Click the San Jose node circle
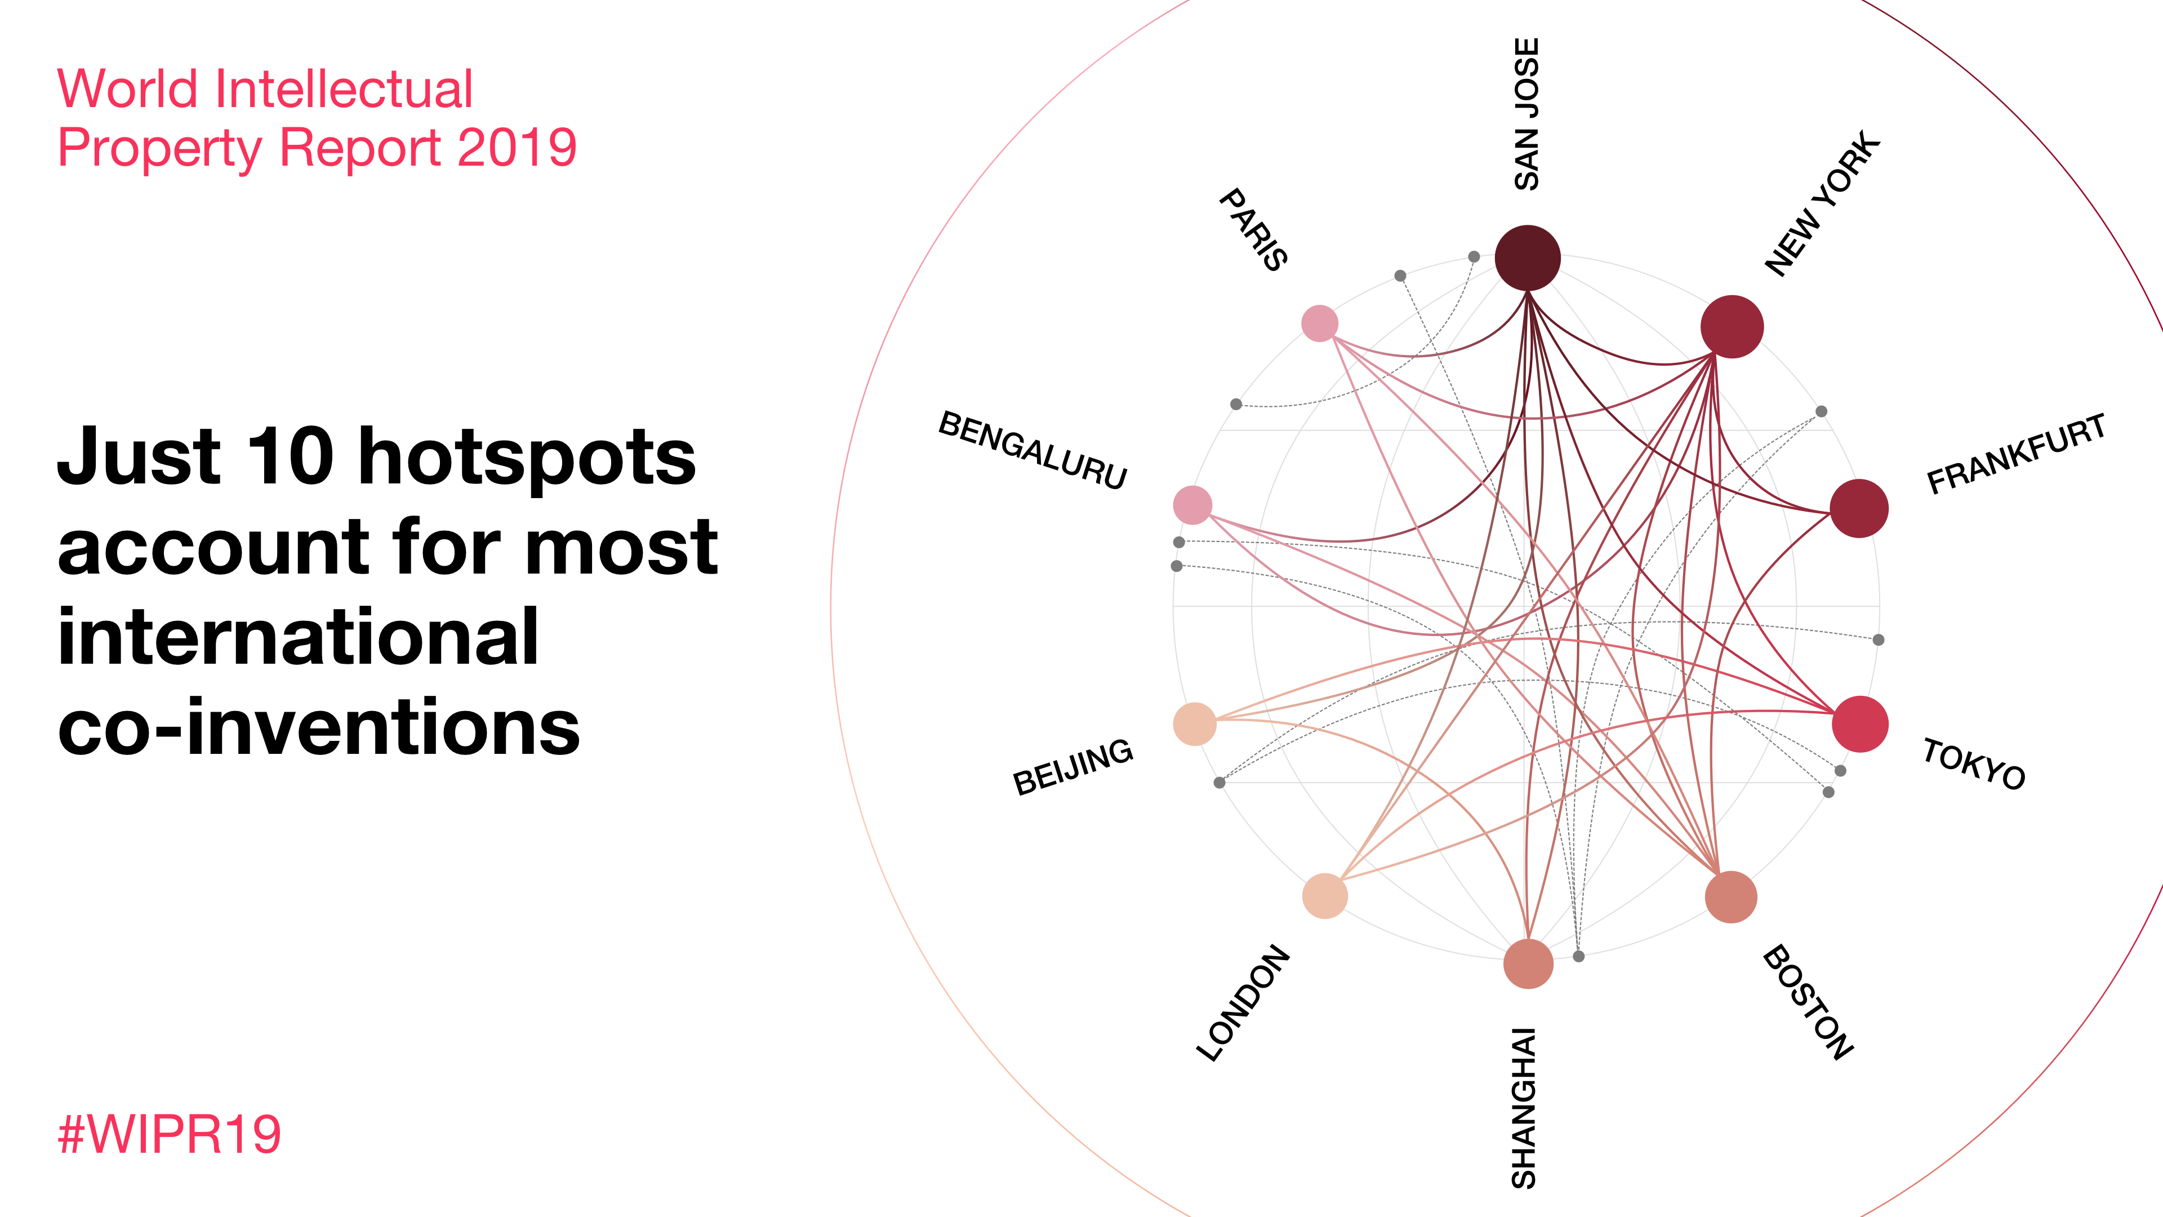click(1528, 258)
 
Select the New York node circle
click(1732, 327)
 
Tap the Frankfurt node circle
click(1859, 508)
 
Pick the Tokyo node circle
click(1860, 724)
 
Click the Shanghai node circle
click(1528, 963)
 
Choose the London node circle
click(1325, 896)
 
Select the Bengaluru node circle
click(1192, 505)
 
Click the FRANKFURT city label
click(2016, 454)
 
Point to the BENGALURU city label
click(1033, 450)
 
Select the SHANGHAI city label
click(1524, 1108)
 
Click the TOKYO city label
click(1974, 763)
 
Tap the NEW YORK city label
click(1823, 203)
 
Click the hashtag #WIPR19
click(170, 1134)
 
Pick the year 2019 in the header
click(517, 148)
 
